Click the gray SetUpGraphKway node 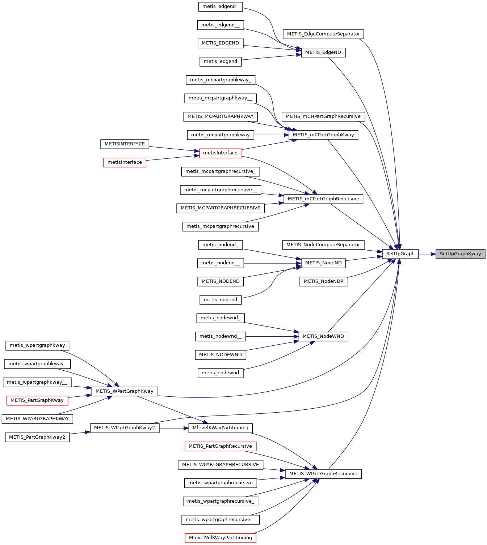[460, 254]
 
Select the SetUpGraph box [400, 254]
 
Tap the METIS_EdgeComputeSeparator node [323, 34]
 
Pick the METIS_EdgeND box [323, 52]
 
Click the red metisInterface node [220, 153]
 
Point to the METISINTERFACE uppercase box [125, 144]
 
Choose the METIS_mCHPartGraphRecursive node [323, 116]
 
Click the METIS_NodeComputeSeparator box [323, 245]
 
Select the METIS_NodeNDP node [323, 281]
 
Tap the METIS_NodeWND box [323, 336]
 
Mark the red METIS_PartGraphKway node [37, 400]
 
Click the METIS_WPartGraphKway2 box [125, 428]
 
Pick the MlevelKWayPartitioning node [220, 428]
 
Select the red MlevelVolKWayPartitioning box [220, 538]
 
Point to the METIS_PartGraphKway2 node [37, 437]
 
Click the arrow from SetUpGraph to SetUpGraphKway [427, 254]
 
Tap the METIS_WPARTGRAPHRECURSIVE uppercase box [220, 465]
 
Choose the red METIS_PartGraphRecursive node [220, 446]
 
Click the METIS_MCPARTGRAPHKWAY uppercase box [220, 116]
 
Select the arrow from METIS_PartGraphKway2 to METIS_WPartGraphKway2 [80, 433]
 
